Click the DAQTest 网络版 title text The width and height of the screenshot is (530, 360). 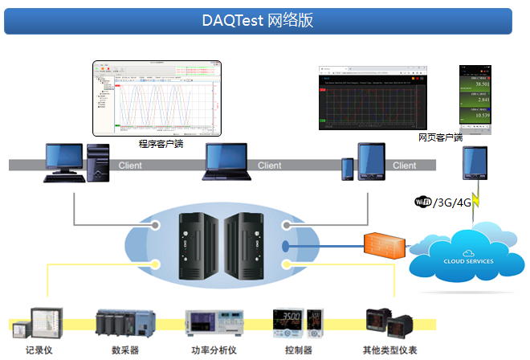(258, 21)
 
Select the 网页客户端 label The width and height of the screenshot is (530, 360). (440, 137)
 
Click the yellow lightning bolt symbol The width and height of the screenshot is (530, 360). (476, 201)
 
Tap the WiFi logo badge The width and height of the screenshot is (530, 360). (422, 202)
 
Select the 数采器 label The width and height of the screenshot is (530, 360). (124, 350)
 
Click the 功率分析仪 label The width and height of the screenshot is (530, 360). (214, 350)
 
